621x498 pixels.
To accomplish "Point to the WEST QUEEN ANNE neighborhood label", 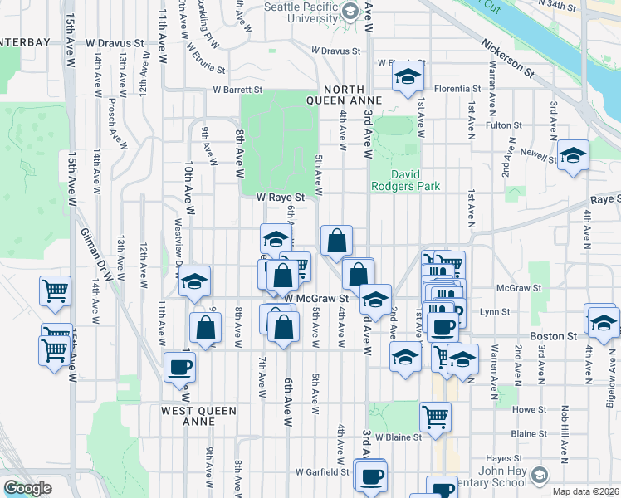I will [x=198, y=416].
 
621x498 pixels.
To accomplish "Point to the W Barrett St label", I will [x=237, y=90].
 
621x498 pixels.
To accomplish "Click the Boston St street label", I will [x=554, y=336].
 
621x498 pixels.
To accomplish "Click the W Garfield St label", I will [x=322, y=472].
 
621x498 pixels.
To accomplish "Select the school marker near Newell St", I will [x=573, y=156].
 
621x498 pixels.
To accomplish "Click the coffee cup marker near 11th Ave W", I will [x=179, y=367].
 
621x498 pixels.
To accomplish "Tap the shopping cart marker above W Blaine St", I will [x=435, y=417].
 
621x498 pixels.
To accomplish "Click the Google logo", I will [x=27, y=488].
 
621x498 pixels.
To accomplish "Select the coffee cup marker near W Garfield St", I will [x=371, y=477].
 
